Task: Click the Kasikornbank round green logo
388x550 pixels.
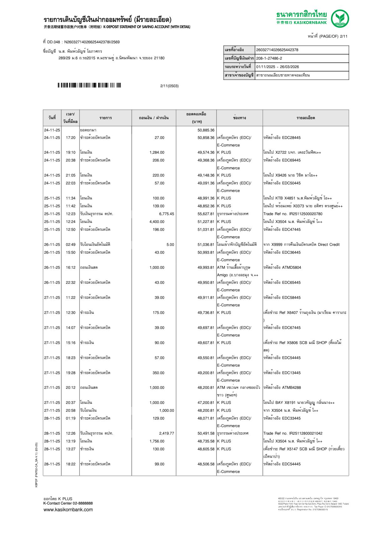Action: tap(340, 19)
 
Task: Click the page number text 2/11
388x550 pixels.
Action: tap(344, 36)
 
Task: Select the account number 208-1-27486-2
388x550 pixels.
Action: tap(269, 58)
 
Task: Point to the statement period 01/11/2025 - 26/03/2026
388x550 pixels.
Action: tap(278, 67)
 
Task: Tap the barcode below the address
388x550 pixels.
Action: tap(89, 85)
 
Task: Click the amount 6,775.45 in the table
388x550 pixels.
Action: tap(166, 214)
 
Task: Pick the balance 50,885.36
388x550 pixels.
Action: tap(206, 130)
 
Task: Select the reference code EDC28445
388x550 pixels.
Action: tap(291, 138)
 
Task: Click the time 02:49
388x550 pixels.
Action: tap(70, 245)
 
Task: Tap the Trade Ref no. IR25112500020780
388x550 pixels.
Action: tap(293, 214)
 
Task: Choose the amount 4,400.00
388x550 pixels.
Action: tap(157, 222)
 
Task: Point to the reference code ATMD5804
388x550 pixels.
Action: tap(291, 267)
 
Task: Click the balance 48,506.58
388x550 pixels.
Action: tap(206, 464)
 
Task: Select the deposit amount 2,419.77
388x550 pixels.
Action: tap(166, 433)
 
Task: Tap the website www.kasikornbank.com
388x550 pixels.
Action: tap(68, 510)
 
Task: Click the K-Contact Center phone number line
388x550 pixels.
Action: tap(68, 503)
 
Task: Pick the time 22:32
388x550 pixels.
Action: tap(70, 283)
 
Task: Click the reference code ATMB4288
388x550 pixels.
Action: tap(291, 388)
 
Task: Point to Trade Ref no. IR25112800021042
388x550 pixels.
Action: tap(293, 433)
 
